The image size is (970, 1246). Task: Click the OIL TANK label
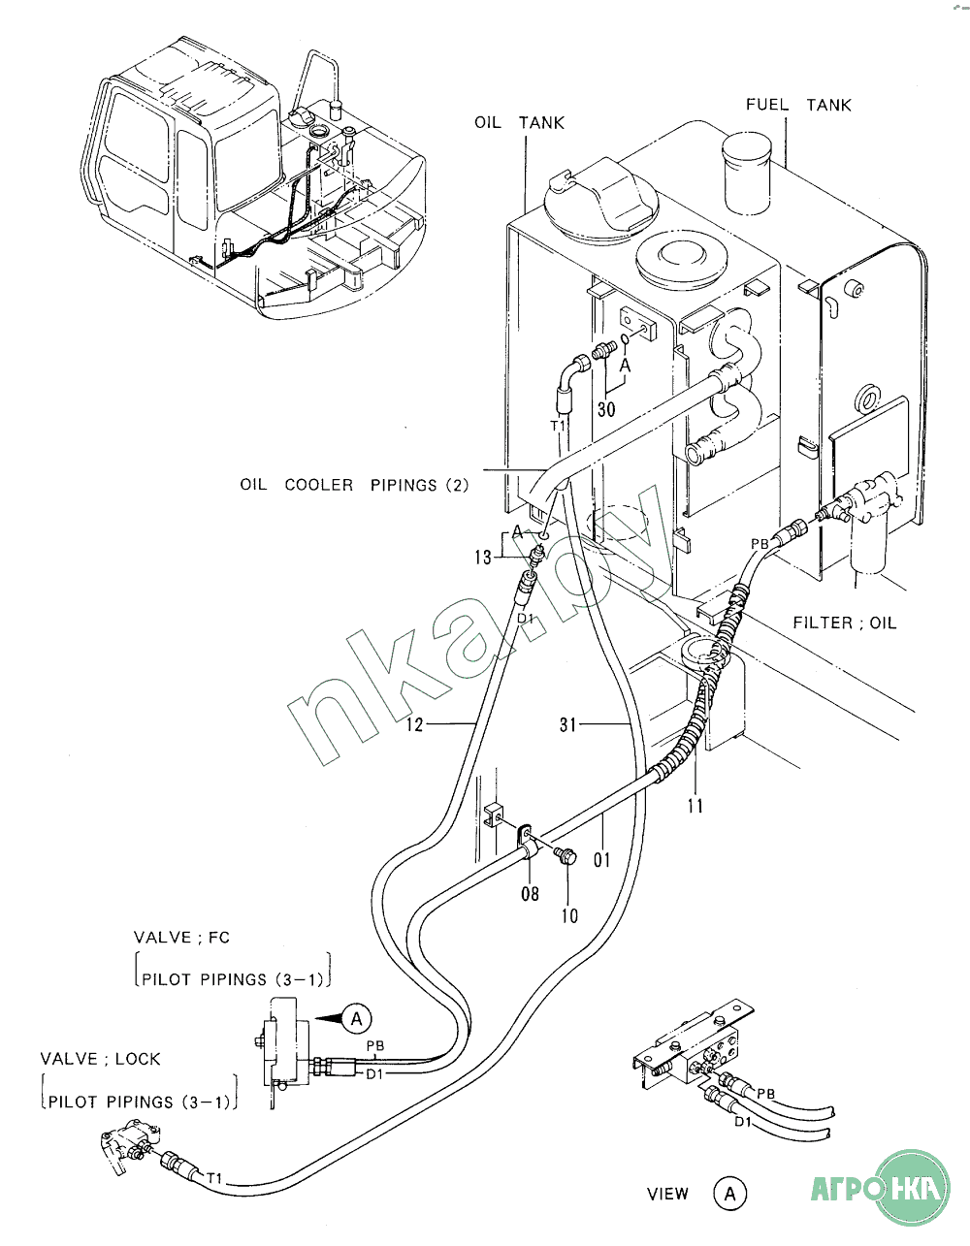[519, 123]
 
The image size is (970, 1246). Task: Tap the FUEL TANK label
[798, 105]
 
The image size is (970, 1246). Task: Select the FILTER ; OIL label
[844, 623]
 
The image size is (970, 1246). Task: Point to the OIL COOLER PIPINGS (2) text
[354, 485]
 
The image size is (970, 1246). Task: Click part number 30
[606, 409]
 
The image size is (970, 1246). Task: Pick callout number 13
[483, 557]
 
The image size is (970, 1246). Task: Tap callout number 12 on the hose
[414, 724]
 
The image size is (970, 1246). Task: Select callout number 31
[567, 724]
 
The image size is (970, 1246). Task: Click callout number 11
[695, 806]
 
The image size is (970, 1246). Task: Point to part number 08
[530, 893]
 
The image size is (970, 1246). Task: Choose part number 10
[569, 915]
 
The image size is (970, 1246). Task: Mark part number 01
[601, 859]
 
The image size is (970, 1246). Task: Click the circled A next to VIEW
[729, 1194]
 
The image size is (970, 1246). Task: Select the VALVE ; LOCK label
[100, 1059]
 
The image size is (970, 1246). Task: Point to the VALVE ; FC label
[181, 938]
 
